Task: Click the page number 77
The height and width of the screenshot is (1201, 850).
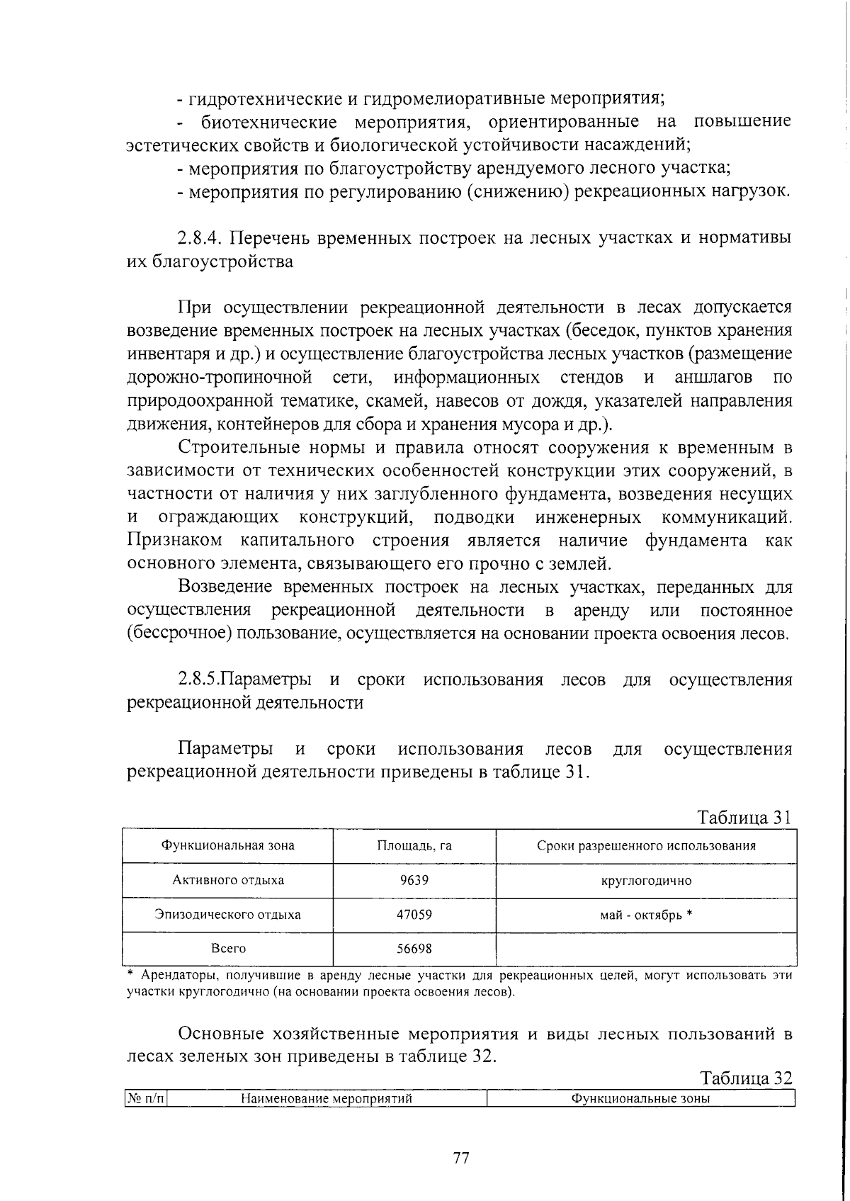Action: [460, 1159]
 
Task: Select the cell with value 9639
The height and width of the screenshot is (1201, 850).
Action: [414, 880]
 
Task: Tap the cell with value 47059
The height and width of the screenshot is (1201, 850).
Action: [414, 914]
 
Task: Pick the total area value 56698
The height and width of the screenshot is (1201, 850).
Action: [414, 948]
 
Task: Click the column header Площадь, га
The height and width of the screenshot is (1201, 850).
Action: [414, 845]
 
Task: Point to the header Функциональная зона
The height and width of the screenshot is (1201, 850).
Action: [228, 845]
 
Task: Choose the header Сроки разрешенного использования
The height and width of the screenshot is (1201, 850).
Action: [646, 845]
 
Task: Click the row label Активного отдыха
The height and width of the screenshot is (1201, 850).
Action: [228, 880]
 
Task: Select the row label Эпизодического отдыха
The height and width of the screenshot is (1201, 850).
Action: [228, 914]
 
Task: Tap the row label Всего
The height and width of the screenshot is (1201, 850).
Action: [228, 948]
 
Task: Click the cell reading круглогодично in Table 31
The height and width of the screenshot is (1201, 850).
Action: [646, 881]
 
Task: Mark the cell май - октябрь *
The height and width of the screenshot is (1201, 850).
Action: [646, 914]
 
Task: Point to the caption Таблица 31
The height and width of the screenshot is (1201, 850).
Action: [743, 817]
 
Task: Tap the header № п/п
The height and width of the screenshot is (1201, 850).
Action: [145, 1099]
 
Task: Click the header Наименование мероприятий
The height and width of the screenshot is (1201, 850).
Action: [327, 1099]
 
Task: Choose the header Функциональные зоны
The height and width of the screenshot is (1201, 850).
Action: [640, 1099]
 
